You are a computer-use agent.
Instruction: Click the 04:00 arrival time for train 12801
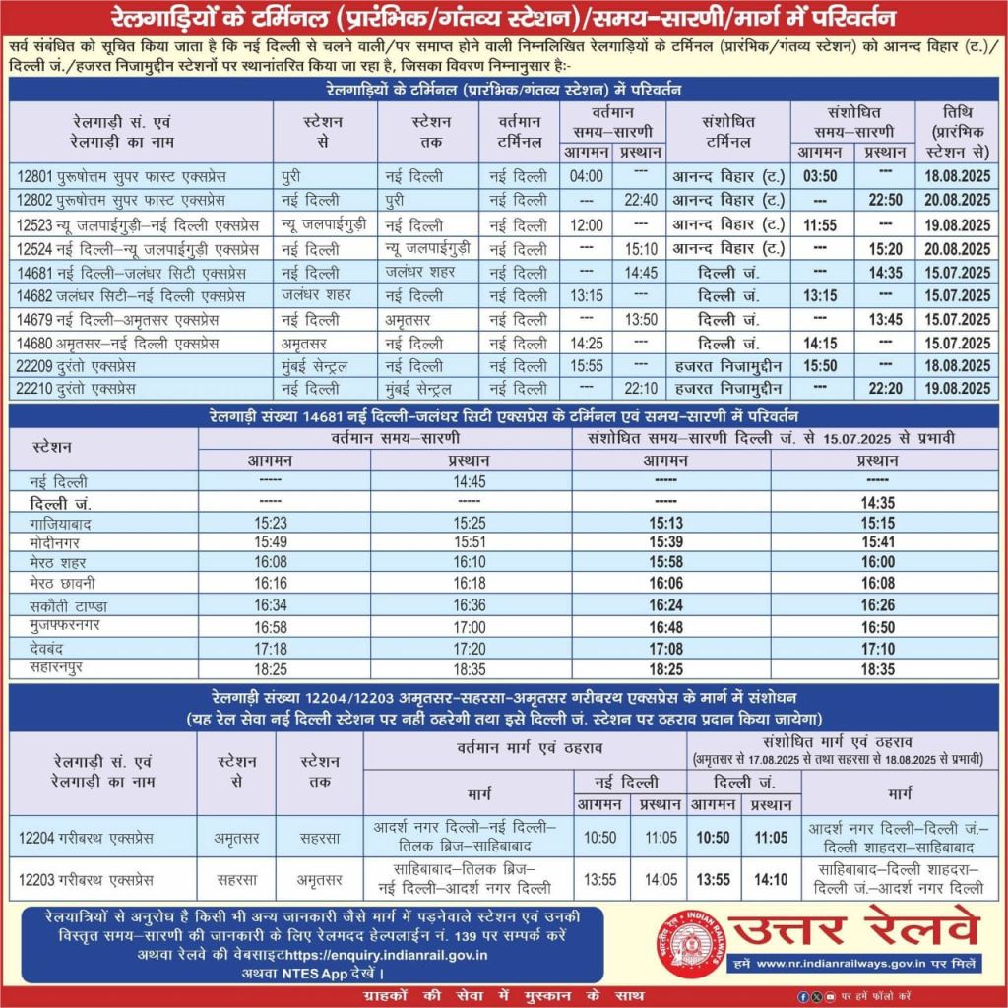(586, 176)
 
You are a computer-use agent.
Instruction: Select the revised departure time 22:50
(877, 200)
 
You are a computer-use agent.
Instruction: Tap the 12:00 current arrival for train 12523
(586, 224)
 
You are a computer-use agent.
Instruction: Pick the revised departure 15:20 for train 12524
(877, 249)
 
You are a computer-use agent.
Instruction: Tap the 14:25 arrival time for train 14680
(586, 343)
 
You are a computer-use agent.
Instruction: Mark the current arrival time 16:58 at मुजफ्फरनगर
(271, 626)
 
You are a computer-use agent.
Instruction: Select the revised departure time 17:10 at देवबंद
(876, 649)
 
